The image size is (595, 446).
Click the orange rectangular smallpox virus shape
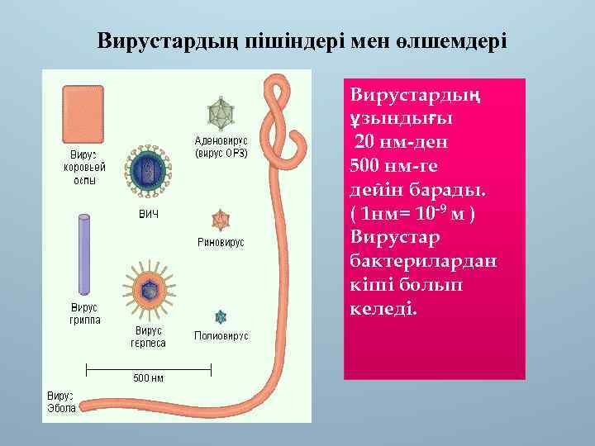[x=83, y=115]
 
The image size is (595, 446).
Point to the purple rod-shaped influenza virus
[x=83, y=254]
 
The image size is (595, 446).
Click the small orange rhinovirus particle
[x=221, y=220]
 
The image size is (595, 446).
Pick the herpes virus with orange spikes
[x=150, y=287]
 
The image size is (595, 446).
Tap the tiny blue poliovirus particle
[x=221, y=317]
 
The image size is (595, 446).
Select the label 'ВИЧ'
[x=148, y=215]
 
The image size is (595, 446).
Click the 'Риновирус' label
[x=221, y=243]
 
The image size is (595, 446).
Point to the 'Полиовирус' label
[x=221, y=336]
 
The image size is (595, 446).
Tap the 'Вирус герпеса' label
[x=149, y=337]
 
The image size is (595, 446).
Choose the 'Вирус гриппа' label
[x=83, y=314]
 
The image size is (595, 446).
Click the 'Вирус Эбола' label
[x=61, y=402]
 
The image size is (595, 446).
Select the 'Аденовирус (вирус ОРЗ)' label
[x=221, y=147]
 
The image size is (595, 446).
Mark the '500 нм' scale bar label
[x=149, y=378]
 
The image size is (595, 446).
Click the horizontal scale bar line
[x=149, y=366]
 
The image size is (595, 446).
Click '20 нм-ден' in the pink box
[x=402, y=141]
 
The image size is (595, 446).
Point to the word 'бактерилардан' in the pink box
[x=424, y=260]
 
